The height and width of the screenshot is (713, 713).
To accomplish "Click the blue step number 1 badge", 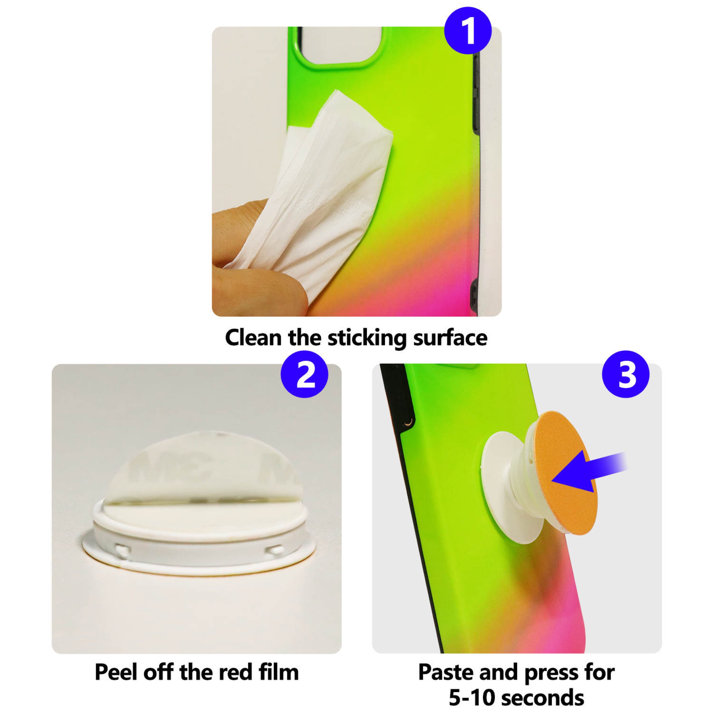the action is [468, 31].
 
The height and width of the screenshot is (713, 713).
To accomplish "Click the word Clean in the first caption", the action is [253, 337].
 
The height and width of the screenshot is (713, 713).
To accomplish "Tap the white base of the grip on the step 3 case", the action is [496, 491].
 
